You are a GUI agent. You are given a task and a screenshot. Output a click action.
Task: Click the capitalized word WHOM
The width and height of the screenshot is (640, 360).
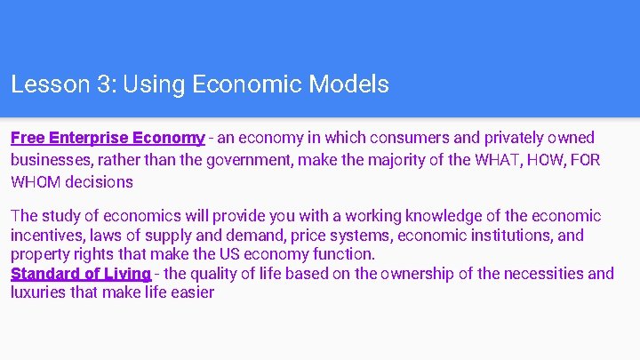(x=35, y=182)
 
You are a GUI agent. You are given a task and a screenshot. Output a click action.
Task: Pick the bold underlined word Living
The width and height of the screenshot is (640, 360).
(x=125, y=274)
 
